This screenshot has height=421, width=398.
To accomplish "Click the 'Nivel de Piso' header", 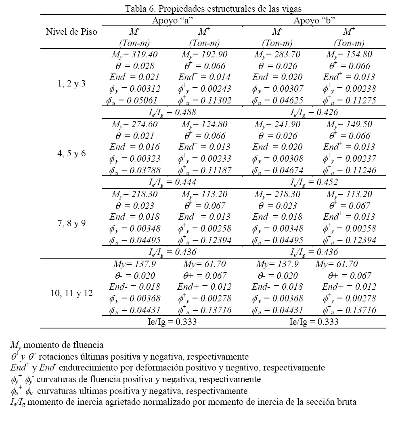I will pyautogui.click(x=71, y=32).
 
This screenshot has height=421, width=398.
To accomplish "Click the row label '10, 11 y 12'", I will pyautogui.click(x=71, y=293).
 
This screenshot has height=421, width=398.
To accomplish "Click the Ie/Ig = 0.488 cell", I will pyautogui.click(x=172, y=112).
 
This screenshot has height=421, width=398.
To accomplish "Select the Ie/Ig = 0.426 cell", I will pyautogui.click(x=314, y=112).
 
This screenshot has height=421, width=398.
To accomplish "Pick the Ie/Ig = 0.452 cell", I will pyautogui.click(x=314, y=182).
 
